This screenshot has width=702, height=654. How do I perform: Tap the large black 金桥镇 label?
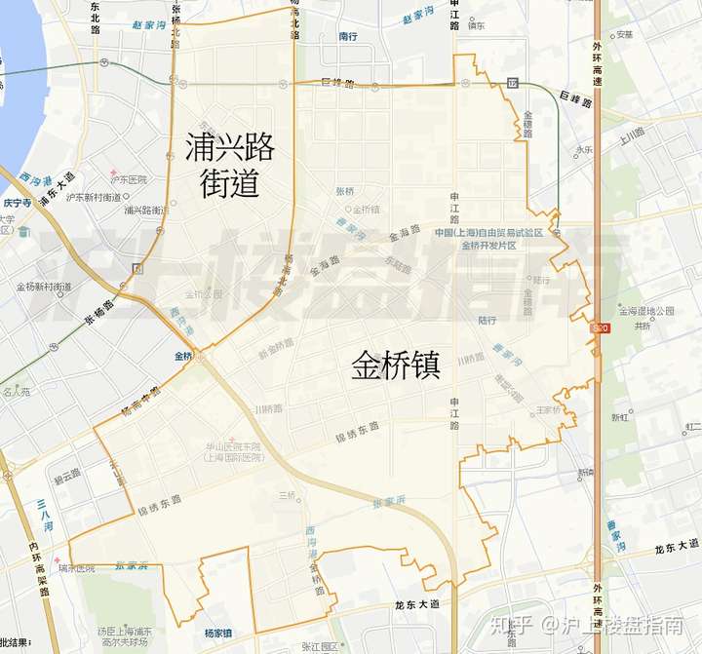396,365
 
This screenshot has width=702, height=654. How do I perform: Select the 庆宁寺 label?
18,203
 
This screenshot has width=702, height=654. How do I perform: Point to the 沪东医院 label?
128,179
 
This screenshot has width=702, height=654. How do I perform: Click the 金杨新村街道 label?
44,287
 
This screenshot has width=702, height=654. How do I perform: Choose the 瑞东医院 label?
77,567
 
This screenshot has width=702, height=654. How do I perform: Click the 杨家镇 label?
218,633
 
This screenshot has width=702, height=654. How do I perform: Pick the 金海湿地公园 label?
651,311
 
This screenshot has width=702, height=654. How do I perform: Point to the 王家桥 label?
548,409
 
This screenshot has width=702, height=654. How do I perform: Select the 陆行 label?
487,320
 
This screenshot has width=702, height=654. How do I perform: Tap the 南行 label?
349,36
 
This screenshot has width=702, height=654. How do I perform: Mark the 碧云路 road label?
66,472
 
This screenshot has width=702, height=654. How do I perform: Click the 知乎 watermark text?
515,623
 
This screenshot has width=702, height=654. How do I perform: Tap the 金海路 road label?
404,233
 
